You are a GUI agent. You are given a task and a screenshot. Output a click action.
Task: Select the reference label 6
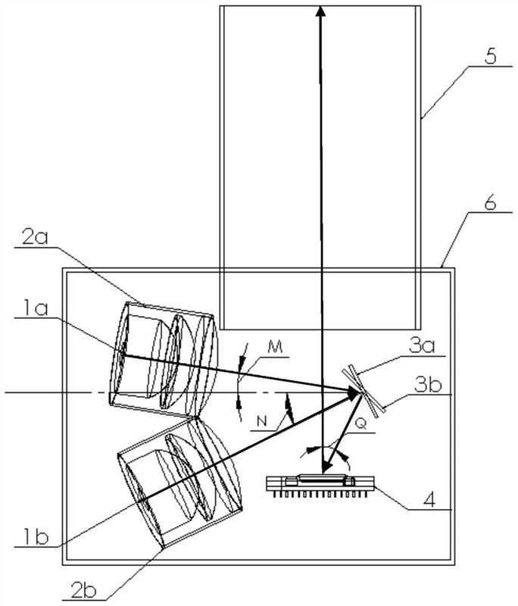coord(489,201)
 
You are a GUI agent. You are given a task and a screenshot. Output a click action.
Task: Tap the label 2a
coord(35,236)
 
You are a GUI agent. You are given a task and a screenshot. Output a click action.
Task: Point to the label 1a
coord(35,308)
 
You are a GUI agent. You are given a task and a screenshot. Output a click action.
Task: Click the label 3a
coord(423,345)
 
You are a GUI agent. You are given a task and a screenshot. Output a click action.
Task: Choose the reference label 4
coord(429,500)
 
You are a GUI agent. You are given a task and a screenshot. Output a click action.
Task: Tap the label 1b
coord(36,537)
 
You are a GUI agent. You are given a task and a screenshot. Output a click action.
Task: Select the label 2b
coord(83,590)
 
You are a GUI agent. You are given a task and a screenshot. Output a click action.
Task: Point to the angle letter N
coord(262,422)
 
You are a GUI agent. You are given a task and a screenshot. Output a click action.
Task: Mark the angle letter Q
coord(360,424)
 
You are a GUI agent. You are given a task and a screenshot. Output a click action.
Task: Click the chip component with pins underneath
coord(320,486)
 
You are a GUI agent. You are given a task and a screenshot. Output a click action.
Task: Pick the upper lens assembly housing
coord(164,359)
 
